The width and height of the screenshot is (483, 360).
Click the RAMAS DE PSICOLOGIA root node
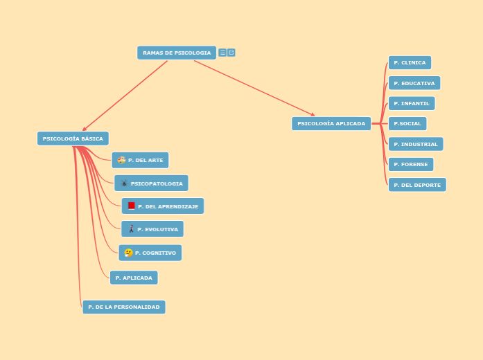(177, 53)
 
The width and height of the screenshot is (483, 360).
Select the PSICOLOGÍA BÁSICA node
(73, 138)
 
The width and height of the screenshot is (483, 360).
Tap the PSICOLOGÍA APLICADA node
(331, 123)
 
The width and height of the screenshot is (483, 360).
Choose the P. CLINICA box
(410, 62)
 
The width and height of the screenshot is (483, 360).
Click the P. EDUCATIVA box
(414, 83)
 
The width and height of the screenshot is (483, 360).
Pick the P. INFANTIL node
(412, 103)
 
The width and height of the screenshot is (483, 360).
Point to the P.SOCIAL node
(407, 123)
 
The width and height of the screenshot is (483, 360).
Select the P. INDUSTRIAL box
(416, 144)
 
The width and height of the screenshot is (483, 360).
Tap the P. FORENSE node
(411, 164)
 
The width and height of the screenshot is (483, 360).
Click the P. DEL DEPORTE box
(417, 185)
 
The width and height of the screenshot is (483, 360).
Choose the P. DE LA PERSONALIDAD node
(124, 307)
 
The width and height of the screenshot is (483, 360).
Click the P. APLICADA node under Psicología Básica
(134, 278)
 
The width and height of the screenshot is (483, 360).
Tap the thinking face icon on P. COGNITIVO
(128, 253)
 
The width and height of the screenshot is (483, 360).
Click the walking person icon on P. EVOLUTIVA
(131, 229)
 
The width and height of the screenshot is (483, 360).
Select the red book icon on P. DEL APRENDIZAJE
(132, 206)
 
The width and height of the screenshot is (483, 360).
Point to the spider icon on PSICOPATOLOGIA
(124, 183)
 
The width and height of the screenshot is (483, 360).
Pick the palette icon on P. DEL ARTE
(121, 160)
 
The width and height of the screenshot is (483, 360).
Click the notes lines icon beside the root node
(222, 53)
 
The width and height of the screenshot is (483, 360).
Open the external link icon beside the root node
(231, 53)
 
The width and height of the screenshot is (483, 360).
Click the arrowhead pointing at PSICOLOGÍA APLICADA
(313, 115)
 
